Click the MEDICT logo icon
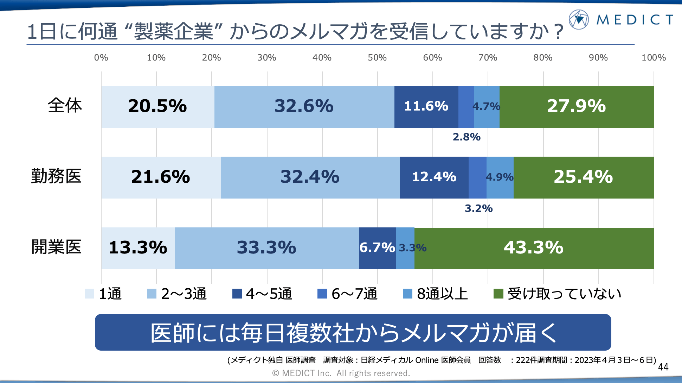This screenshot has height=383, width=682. (579, 19)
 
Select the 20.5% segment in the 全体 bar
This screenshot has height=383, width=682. (157, 106)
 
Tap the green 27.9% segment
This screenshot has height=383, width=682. (577, 106)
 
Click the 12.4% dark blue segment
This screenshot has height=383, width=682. (434, 177)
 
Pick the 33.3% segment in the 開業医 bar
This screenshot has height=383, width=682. (266, 248)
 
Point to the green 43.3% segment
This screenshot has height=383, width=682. (534, 248)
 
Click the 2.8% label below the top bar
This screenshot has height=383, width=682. (467, 137)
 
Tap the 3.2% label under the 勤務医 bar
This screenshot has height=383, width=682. (478, 208)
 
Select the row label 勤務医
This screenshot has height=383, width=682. (56, 176)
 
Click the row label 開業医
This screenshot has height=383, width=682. (56, 247)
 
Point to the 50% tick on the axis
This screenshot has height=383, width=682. (377, 58)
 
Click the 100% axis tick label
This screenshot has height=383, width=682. (654, 58)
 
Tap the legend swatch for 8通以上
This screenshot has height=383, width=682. (407, 294)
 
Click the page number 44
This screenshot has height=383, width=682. (663, 367)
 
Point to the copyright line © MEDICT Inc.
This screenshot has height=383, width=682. (341, 373)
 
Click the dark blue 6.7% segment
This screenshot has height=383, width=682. (377, 248)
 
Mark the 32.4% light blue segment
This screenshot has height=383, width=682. (310, 177)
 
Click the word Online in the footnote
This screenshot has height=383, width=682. (427, 360)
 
